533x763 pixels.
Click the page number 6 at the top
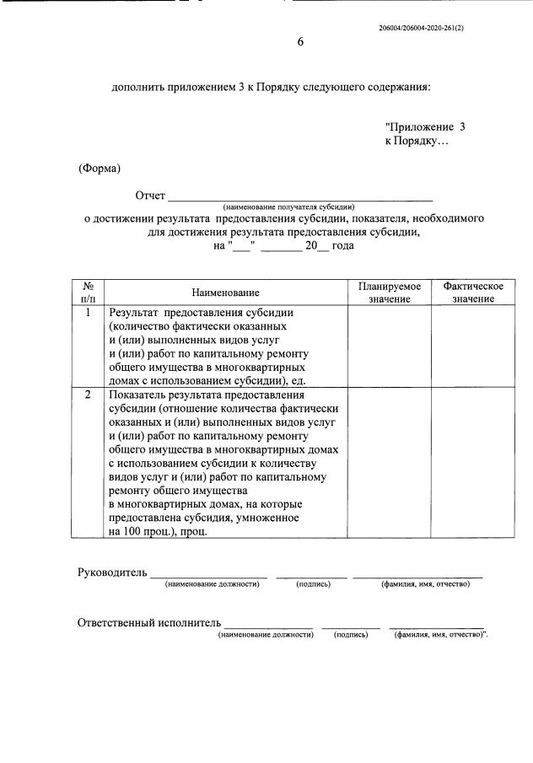(299, 43)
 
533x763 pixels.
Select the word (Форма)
(100, 168)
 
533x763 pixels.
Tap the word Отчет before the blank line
(150, 196)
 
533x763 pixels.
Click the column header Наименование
(225, 293)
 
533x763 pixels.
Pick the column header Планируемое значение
(389, 293)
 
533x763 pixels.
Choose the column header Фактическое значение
(473, 293)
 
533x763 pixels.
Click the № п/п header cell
(88, 293)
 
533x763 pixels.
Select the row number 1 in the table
(88, 312)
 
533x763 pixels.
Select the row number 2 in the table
(88, 395)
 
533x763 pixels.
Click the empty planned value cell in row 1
(389, 344)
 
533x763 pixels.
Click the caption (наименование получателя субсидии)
(288, 207)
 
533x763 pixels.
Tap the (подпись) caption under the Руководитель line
(312, 584)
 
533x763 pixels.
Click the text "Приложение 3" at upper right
(425, 126)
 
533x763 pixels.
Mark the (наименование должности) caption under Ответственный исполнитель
(265, 634)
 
